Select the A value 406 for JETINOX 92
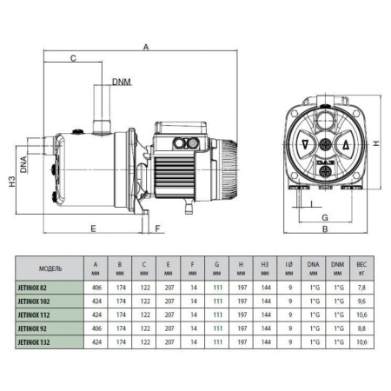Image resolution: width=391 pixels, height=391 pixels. coord(95,330)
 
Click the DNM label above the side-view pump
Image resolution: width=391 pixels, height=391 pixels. coord(122,83)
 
